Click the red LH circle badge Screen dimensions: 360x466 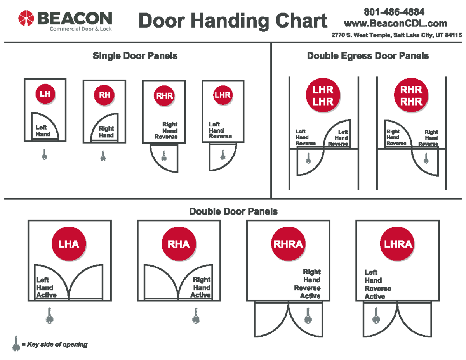[x=45, y=93]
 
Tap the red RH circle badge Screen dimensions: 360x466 [x=104, y=95]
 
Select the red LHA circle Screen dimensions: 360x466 [x=68, y=244]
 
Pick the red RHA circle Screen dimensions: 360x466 [x=178, y=244]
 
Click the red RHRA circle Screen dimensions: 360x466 [x=288, y=244]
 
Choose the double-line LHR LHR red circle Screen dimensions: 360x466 [x=323, y=95]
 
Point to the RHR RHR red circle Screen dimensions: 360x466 [x=411, y=95]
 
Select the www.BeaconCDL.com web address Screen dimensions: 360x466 [x=395, y=24]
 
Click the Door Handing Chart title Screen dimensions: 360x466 [x=233, y=21]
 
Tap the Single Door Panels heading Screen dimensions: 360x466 [x=135, y=56]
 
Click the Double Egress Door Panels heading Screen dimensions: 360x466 [x=367, y=56]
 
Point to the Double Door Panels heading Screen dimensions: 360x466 [x=233, y=211]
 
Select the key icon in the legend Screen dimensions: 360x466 [x=16, y=344]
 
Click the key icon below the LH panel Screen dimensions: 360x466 [x=44, y=155]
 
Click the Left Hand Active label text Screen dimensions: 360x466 [x=46, y=287]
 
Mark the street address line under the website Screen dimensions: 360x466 [x=396, y=35]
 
